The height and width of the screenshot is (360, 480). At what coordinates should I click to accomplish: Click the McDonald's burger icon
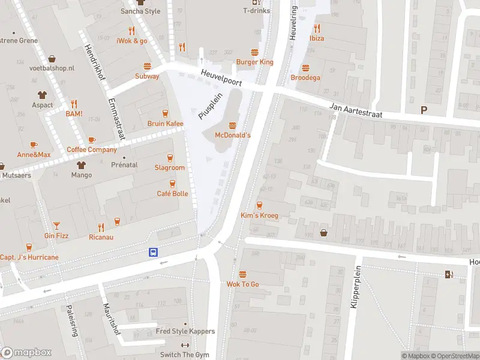[232, 125]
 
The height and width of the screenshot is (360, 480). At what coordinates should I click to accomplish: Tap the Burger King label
[254, 62]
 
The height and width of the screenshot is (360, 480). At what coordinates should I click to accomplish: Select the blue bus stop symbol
[154, 253]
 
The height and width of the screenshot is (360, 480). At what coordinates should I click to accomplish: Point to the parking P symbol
[425, 110]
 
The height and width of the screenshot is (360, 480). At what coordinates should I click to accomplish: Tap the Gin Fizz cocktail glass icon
[56, 225]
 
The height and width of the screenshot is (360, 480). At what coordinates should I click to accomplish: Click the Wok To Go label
[242, 284]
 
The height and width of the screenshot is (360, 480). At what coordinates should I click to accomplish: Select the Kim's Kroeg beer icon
[259, 205]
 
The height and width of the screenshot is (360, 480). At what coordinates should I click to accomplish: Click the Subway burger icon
[147, 66]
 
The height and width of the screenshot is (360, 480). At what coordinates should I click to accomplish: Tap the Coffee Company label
[91, 149]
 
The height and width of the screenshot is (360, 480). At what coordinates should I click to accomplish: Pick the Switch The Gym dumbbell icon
[185, 344]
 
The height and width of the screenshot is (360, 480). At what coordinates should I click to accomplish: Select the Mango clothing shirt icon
[81, 164]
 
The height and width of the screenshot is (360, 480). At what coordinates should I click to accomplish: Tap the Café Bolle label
[172, 194]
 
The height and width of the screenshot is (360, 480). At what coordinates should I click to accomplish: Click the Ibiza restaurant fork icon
[316, 28]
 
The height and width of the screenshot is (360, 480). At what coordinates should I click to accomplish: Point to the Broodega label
[305, 77]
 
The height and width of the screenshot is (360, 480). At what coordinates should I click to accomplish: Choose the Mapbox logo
[26, 353]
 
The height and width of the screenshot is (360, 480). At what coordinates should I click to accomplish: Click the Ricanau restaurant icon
[101, 227]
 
